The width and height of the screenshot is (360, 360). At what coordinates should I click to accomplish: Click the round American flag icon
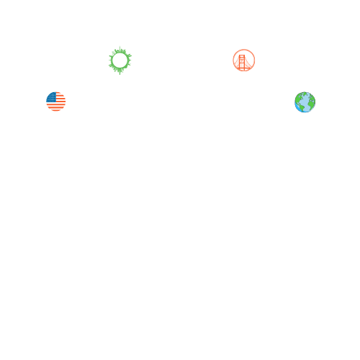coord(56,102)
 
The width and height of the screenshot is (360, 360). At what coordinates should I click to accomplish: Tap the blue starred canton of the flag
coord(52,96)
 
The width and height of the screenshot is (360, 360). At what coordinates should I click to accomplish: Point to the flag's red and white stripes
coord(58,106)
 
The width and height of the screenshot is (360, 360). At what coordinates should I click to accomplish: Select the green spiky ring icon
coord(120,60)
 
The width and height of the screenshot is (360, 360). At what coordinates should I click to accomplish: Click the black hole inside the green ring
coord(120,60)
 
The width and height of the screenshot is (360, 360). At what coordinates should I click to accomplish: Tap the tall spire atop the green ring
coord(120,48)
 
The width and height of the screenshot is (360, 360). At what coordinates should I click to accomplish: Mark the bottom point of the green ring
coord(120,73)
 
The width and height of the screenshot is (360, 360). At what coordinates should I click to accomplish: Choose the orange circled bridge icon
coord(244,60)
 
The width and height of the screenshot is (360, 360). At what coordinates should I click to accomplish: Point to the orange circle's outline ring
coord(244,50)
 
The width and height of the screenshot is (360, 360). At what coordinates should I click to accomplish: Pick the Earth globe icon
coord(305,102)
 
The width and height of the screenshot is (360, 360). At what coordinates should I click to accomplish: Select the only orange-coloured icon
coord(244,60)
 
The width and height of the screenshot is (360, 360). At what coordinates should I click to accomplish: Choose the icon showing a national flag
coord(56,102)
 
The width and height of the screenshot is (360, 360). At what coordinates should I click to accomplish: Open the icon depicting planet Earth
coord(305,102)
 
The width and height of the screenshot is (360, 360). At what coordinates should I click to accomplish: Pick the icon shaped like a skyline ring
coord(120,60)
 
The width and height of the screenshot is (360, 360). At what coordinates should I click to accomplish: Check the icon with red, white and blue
coord(56,102)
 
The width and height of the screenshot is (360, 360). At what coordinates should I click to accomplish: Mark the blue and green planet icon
coord(305,102)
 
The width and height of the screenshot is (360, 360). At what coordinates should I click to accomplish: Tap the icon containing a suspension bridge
coord(244,60)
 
